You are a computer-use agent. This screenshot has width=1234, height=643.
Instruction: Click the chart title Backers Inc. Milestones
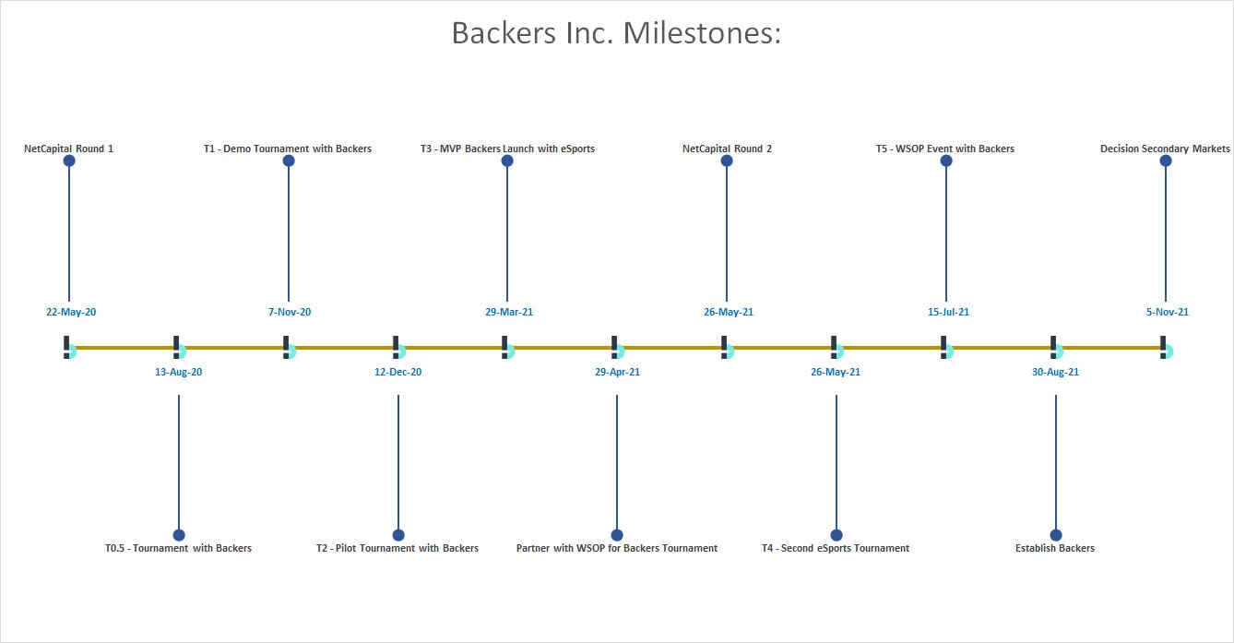(616, 33)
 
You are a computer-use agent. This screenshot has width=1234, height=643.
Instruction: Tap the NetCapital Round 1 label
(69, 149)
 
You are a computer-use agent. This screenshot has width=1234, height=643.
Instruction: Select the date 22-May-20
(71, 312)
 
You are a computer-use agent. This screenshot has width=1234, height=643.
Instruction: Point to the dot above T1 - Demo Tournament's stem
(289, 161)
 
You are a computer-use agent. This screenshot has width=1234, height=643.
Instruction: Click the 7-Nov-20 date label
(290, 312)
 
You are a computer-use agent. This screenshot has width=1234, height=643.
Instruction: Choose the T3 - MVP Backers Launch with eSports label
(507, 149)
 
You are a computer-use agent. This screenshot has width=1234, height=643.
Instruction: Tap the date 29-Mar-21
(509, 312)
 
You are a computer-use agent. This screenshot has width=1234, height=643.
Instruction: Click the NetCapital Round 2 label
(727, 149)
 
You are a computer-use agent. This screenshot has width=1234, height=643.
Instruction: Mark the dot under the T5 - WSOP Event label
(946, 161)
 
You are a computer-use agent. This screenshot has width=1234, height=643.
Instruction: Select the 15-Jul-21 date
(948, 312)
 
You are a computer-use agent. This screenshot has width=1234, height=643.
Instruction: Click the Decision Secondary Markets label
(1165, 149)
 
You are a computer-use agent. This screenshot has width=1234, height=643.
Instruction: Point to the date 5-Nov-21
(1168, 312)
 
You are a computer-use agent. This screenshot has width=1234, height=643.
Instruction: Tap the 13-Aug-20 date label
(179, 372)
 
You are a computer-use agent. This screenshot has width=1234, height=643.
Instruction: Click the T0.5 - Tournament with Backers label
(179, 548)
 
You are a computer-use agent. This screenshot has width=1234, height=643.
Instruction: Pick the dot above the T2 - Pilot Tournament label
(398, 535)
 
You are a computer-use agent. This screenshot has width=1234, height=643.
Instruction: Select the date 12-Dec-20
(397, 372)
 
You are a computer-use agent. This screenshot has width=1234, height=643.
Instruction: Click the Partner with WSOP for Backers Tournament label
(617, 548)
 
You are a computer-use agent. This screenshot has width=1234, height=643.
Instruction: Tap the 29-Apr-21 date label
(618, 372)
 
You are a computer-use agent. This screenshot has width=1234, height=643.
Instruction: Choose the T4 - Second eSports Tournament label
(836, 548)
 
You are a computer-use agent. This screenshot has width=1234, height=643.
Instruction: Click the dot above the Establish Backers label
(1056, 535)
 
